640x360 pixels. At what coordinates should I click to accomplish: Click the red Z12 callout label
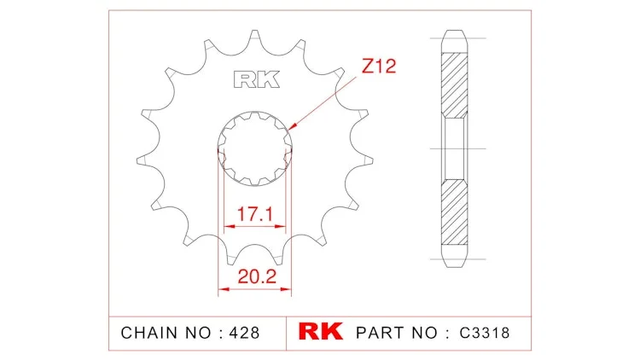(379, 67)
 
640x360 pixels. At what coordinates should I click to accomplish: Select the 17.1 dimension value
(254, 214)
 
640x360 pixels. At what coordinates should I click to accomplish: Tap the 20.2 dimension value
(257, 276)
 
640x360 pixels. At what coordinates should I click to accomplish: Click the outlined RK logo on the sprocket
(257, 79)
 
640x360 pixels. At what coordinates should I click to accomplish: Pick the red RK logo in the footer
(320, 332)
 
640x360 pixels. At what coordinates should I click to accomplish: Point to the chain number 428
(244, 333)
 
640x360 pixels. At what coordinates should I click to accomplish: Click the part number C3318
(485, 333)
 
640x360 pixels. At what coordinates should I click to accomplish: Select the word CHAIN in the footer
(150, 333)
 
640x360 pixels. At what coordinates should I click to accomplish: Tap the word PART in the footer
(381, 333)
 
